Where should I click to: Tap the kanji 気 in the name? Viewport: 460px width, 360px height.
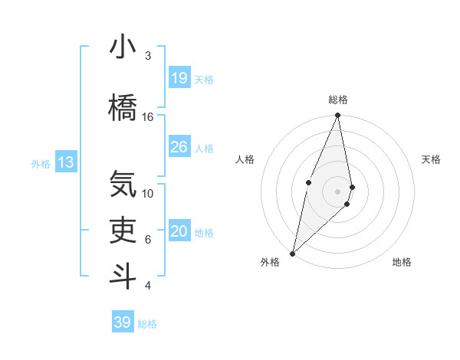(x=123, y=184)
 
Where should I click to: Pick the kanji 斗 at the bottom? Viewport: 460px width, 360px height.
(x=123, y=276)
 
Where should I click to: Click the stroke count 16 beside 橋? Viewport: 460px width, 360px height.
(x=148, y=116)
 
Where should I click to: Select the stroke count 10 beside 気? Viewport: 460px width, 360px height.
(x=148, y=193)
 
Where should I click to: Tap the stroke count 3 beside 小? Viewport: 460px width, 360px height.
(x=148, y=56)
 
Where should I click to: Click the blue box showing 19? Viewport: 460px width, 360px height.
(x=179, y=77)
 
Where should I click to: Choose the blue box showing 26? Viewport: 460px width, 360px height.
(x=179, y=147)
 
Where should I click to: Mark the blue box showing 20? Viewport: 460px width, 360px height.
(x=179, y=231)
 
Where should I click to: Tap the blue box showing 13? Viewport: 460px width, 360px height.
(x=66, y=162)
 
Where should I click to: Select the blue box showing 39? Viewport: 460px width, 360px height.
(x=122, y=322)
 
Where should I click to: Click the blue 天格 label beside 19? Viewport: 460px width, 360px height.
(x=204, y=79)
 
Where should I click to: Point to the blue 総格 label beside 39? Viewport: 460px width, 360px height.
(x=147, y=324)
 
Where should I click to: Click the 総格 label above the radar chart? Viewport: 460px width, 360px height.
(x=337, y=100)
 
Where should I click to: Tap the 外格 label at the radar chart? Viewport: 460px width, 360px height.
(x=270, y=262)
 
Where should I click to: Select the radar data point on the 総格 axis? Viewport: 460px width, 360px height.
(x=337, y=116)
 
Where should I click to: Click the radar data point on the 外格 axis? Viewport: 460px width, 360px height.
(x=292, y=253)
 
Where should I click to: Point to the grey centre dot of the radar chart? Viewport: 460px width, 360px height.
(x=337, y=191)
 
